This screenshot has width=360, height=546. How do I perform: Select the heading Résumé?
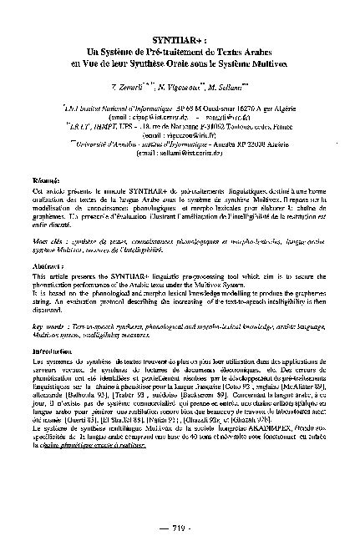tap(69, 180)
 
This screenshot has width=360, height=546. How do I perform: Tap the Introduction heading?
tap(78, 352)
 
